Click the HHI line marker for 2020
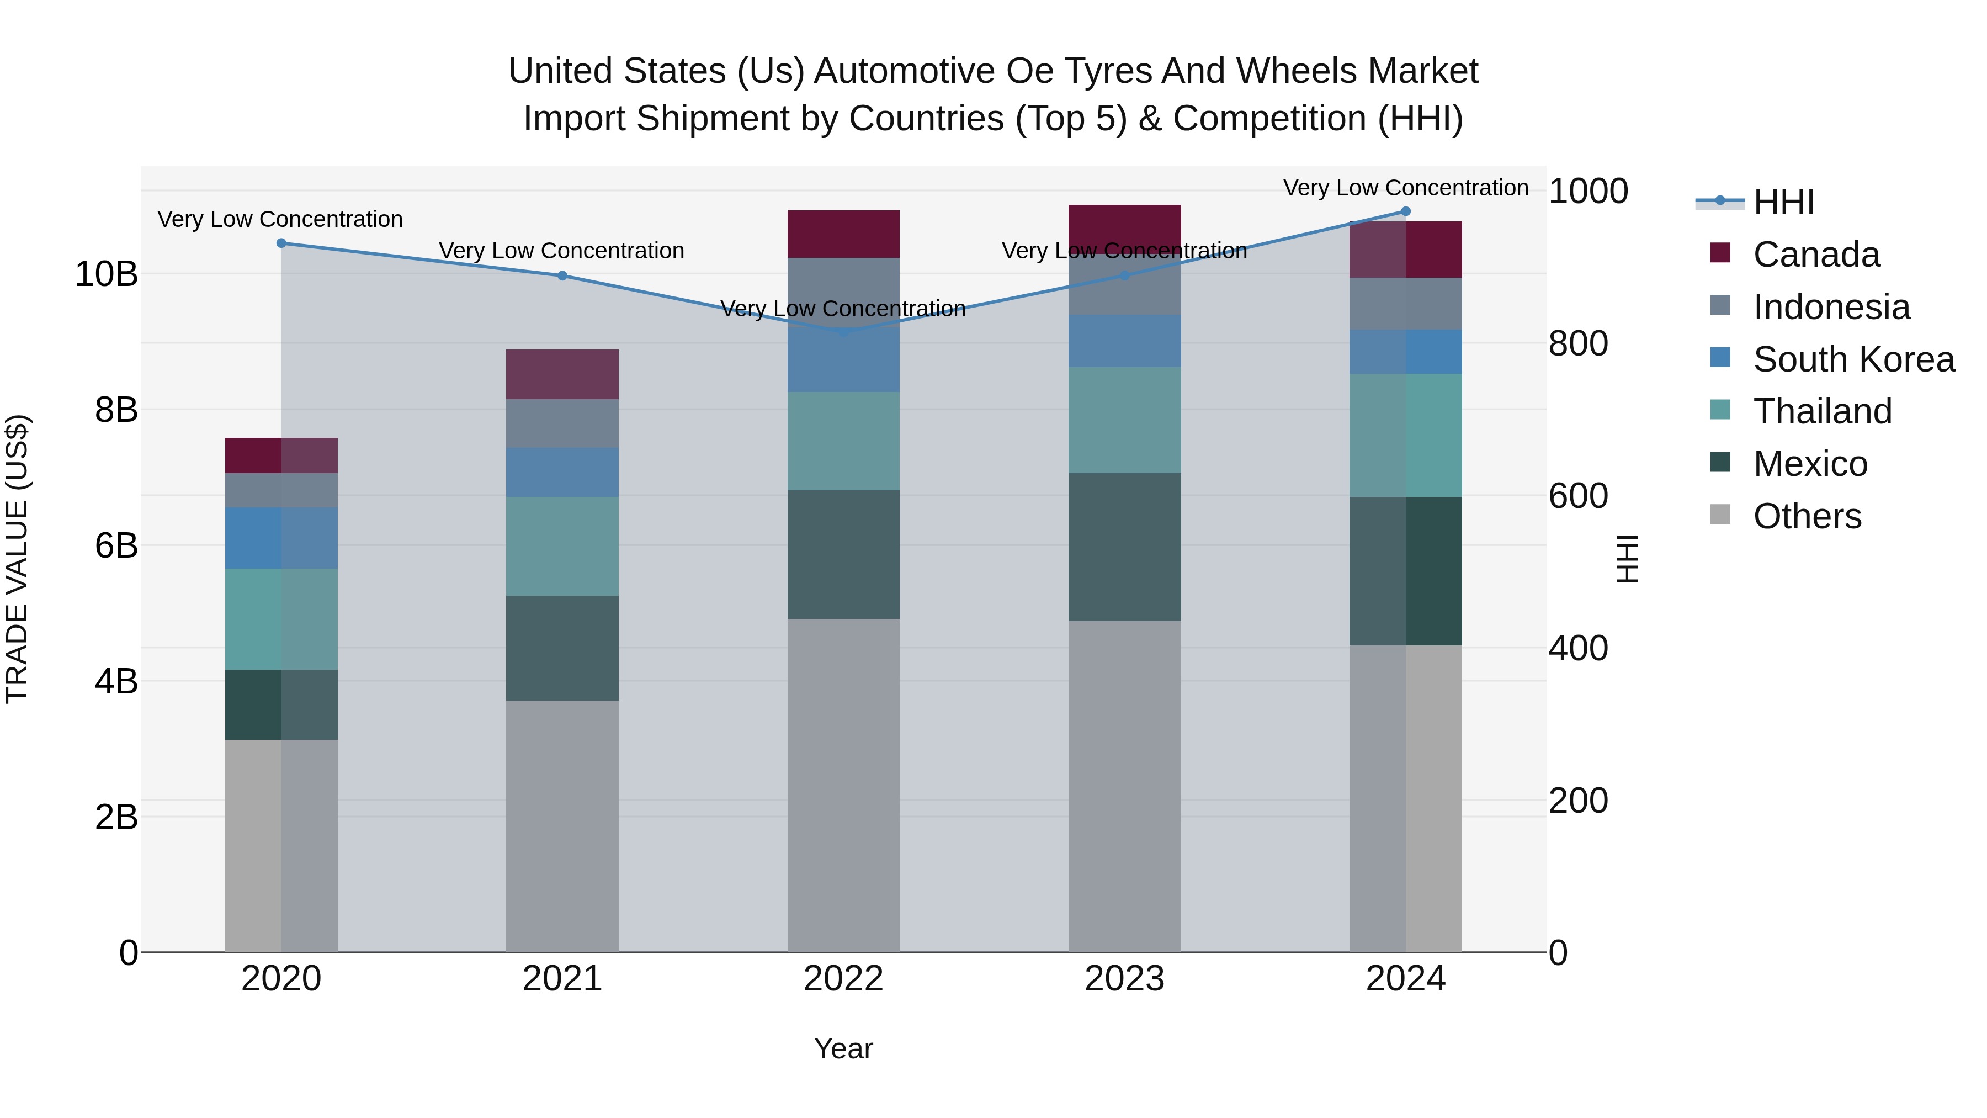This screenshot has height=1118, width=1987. click(x=281, y=243)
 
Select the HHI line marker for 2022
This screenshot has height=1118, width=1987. click(x=843, y=332)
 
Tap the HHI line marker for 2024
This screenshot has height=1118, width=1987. click(x=1405, y=211)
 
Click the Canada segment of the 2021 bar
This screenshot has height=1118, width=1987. click(x=562, y=374)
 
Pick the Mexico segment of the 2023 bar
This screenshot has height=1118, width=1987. click(x=1125, y=547)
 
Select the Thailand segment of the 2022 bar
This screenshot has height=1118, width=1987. click(x=843, y=441)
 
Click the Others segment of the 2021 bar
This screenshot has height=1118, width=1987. click(x=562, y=825)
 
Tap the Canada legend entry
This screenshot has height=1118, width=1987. click(x=1816, y=255)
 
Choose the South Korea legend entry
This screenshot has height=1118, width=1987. click(x=1853, y=359)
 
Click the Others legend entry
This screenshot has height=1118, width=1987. click(x=1807, y=516)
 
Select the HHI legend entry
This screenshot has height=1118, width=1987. click(x=1783, y=202)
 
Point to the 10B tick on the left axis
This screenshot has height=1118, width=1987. click(x=107, y=274)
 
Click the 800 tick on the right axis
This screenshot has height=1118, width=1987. click(x=1578, y=343)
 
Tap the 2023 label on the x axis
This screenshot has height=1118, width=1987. click(x=1125, y=979)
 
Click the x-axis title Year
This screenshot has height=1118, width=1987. click(x=843, y=1048)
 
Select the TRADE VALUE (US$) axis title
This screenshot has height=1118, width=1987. click(x=17, y=559)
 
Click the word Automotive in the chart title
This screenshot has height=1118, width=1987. click(x=905, y=71)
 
